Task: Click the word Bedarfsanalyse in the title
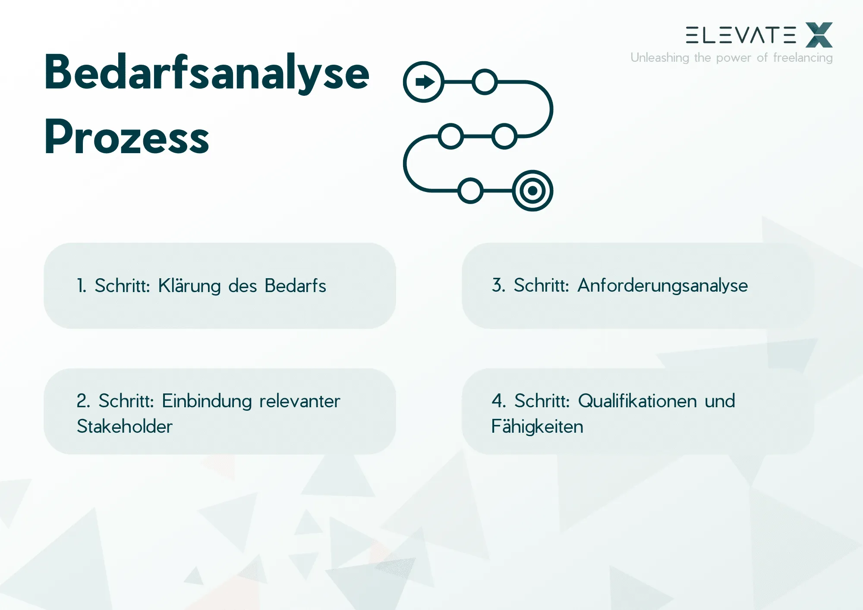click(207, 72)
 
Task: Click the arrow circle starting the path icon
click(424, 82)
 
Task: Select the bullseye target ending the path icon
click(533, 191)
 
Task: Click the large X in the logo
click(819, 35)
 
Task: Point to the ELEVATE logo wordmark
click(740, 35)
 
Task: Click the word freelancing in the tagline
click(803, 58)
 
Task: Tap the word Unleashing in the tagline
click(659, 58)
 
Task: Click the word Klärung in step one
click(189, 286)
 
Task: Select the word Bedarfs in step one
click(295, 286)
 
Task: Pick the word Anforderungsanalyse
click(662, 286)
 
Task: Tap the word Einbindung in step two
click(207, 401)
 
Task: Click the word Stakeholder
click(125, 427)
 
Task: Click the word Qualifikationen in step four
click(637, 401)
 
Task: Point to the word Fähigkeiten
click(537, 427)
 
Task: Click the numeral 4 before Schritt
click(498, 401)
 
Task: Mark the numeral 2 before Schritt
click(82, 401)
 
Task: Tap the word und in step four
click(720, 401)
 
